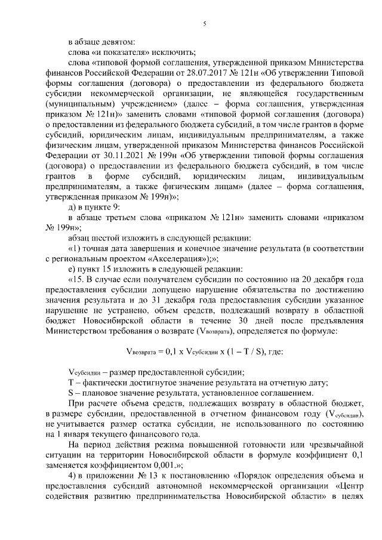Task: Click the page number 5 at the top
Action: pyautogui.click(x=204, y=24)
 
